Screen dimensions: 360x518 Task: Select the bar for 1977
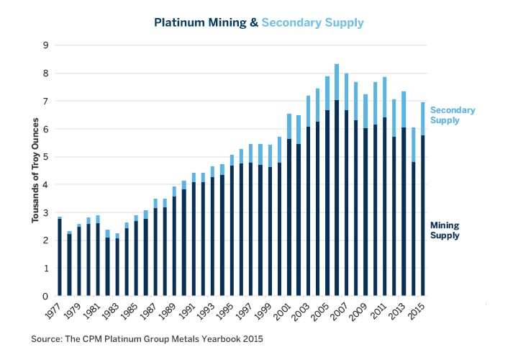(x=59, y=256)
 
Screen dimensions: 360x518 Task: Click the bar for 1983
(x=117, y=266)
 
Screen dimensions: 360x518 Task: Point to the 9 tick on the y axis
(x=45, y=45)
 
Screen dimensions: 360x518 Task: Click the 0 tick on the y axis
(x=45, y=296)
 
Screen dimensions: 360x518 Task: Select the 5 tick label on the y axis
(x=45, y=157)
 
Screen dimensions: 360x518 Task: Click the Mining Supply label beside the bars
(x=445, y=230)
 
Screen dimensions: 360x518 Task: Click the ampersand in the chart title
(x=254, y=22)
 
